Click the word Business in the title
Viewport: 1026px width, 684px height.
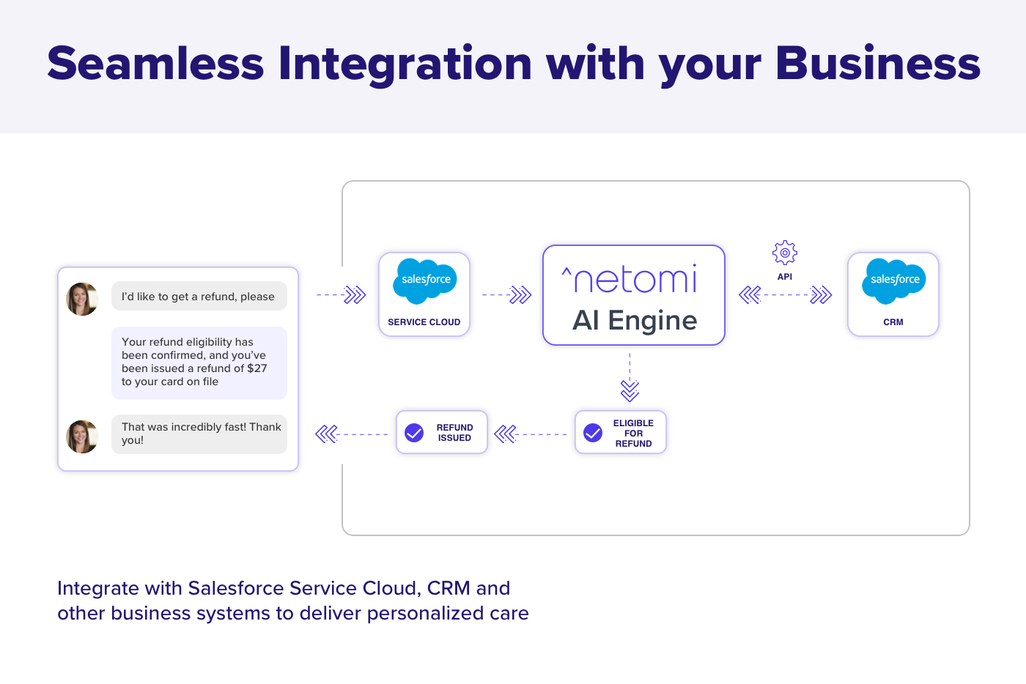(x=877, y=64)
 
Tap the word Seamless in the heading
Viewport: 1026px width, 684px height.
(x=155, y=64)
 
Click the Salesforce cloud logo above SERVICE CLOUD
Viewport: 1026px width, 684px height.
(x=425, y=280)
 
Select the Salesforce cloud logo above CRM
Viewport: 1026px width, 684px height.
(x=894, y=280)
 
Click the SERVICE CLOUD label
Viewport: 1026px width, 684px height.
(x=424, y=322)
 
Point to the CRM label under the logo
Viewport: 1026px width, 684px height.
(x=893, y=322)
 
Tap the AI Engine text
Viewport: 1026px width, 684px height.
(x=635, y=321)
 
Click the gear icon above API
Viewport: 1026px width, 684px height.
(x=785, y=253)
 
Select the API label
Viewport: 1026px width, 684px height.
(x=785, y=277)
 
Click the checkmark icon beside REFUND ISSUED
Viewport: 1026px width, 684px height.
(x=414, y=433)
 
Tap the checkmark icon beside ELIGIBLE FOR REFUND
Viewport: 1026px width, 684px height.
(x=593, y=433)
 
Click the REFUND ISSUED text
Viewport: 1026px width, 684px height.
(x=454, y=433)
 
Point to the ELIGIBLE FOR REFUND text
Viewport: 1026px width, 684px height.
(x=633, y=434)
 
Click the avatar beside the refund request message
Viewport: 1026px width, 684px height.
(x=82, y=299)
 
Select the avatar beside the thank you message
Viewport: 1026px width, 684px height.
(x=82, y=436)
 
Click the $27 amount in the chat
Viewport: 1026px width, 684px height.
(x=257, y=368)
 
